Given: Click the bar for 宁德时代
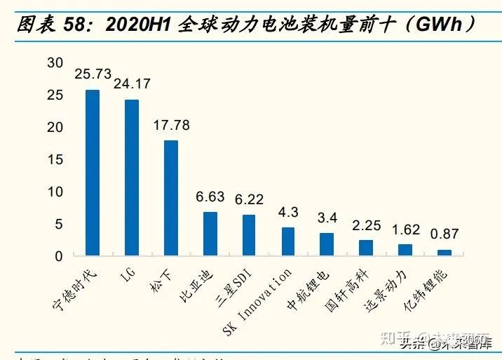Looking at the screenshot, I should coord(92,173).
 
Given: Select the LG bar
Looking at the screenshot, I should coord(131,178).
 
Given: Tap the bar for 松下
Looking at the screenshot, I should coord(170,198).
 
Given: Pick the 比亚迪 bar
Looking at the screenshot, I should coord(210,234).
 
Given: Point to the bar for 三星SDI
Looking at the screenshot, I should coord(249,235).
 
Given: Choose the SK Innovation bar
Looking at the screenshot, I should coord(288,241).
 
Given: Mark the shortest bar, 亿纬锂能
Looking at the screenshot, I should coord(445,253).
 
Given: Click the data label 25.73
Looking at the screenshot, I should coord(93,74).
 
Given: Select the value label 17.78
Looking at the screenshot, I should coord(170,126).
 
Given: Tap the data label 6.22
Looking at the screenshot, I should coord(249,200).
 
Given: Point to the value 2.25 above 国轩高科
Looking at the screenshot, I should coord(366,225).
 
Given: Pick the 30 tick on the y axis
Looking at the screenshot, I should coord(55,62).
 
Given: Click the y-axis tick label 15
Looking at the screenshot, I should coord(55,159).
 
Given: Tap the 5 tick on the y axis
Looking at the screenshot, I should coord(60,224).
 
